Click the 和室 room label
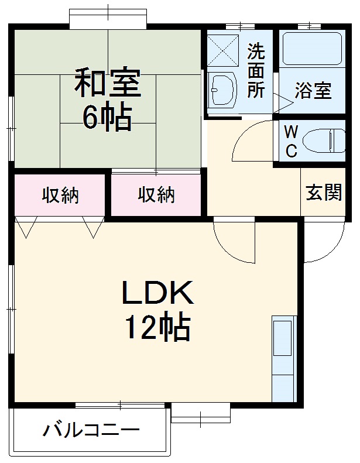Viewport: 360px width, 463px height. click(107, 84)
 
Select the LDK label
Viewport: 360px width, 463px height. click(157, 293)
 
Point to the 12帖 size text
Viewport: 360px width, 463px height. click(157, 328)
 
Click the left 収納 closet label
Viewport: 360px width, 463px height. click(60, 195)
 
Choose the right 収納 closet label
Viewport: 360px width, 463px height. click(156, 195)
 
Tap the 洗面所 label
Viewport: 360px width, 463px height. click(256, 71)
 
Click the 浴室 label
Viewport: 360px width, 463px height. click(313, 91)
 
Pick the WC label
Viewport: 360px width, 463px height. click(291, 142)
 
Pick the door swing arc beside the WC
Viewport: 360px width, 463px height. click(252, 141)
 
